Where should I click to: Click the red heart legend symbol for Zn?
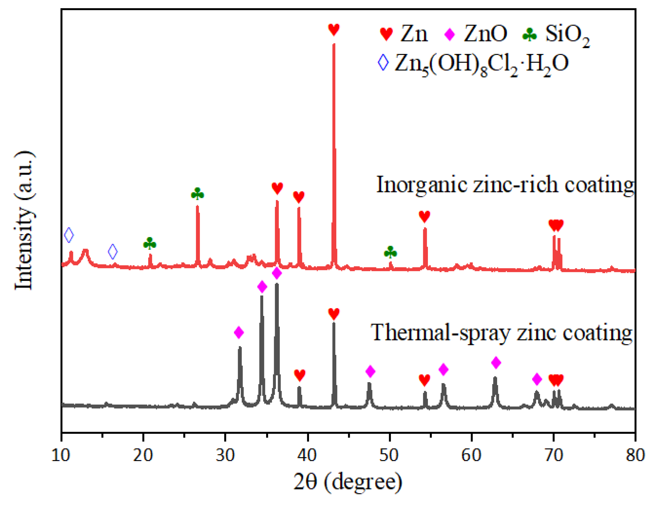[386, 35]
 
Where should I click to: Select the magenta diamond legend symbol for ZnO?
[449, 35]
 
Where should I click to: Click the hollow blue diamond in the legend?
[383, 63]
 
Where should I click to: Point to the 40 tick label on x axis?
[308, 455]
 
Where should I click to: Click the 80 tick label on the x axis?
[635, 455]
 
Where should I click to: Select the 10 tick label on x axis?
[61, 455]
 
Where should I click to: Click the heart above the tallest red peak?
[334, 30]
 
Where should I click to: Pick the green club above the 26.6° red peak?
[197, 194]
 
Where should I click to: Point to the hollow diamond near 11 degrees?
[69, 235]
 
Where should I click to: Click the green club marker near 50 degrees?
[390, 252]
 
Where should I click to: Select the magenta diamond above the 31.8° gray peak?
[239, 332]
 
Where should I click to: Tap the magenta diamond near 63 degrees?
[496, 363]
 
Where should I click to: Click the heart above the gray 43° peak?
[334, 314]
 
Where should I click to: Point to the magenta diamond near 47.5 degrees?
[370, 371]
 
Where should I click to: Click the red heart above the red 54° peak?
[424, 216]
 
